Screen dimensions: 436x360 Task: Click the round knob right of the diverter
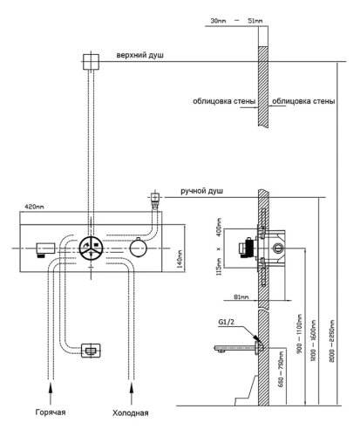pyautogui.click(x=137, y=249)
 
